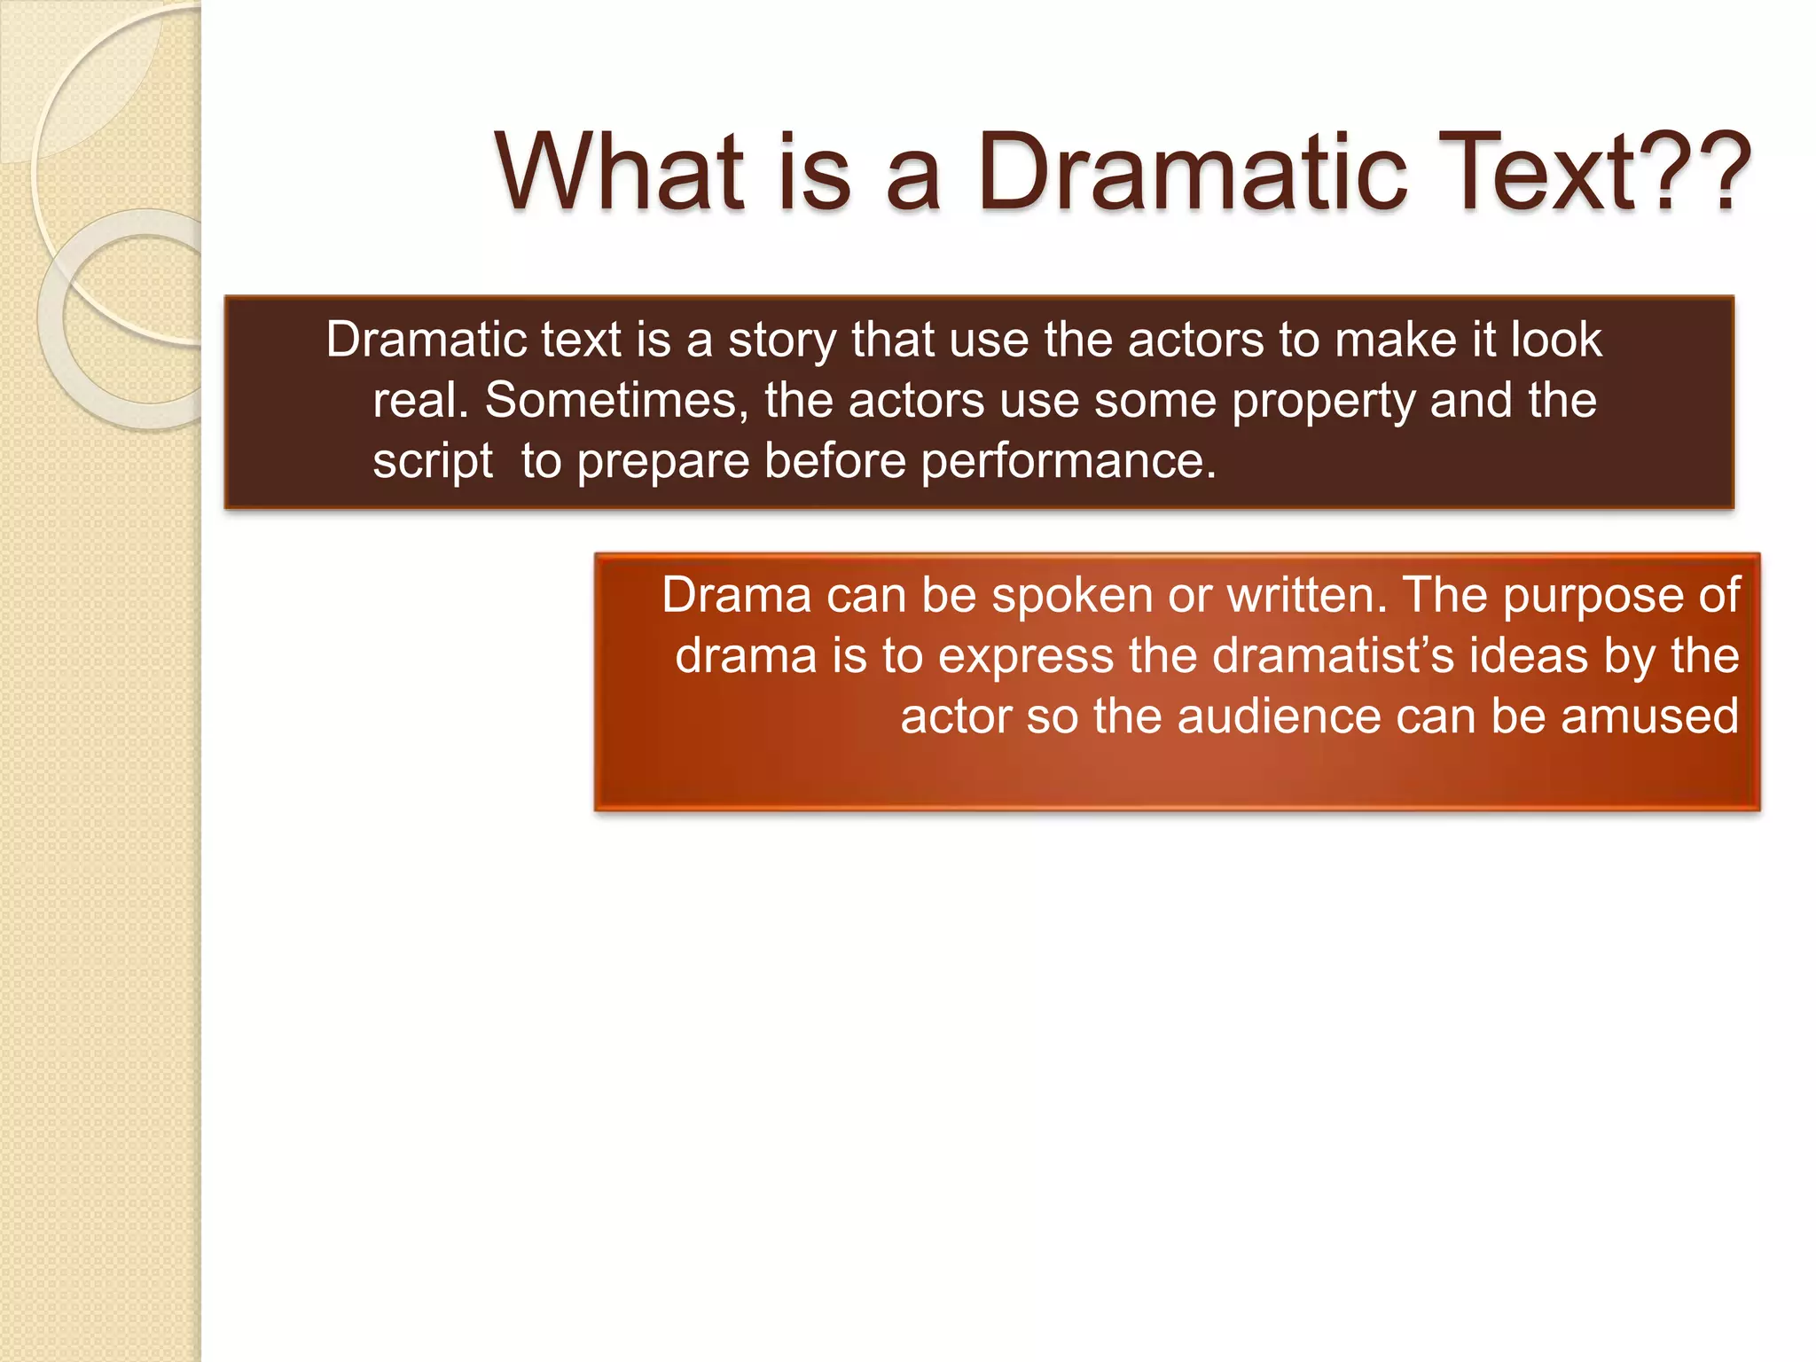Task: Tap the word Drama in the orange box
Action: (x=736, y=595)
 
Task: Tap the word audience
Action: (x=1278, y=716)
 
